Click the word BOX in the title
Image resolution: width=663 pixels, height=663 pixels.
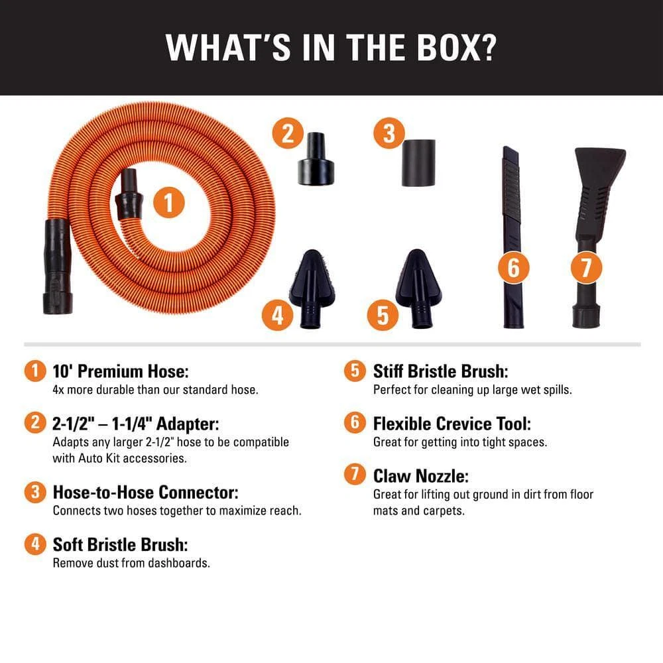coord(456,47)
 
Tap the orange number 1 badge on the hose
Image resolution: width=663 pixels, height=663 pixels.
coord(168,202)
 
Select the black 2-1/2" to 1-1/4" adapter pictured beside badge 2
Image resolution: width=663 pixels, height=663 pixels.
coord(316,159)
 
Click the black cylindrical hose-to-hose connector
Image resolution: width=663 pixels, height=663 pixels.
coord(418,163)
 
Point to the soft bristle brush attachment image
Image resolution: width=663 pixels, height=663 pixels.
coord(312,288)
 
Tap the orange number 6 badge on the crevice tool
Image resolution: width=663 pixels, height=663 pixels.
coord(513,268)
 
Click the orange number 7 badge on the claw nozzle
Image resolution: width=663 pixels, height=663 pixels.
coord(586,268)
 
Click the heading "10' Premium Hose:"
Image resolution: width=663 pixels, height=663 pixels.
coord(121,371)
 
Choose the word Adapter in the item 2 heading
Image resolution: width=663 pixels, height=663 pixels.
coord(188,424)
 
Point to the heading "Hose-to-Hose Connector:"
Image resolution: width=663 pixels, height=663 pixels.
coord(145,492)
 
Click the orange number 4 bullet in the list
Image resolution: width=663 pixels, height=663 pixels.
coord(35,544)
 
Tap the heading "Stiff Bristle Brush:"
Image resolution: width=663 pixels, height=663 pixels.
coord(441,371)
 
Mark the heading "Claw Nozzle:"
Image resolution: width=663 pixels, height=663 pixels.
coord(421,476)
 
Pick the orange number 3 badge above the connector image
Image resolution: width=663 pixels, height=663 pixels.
coord(389,133)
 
